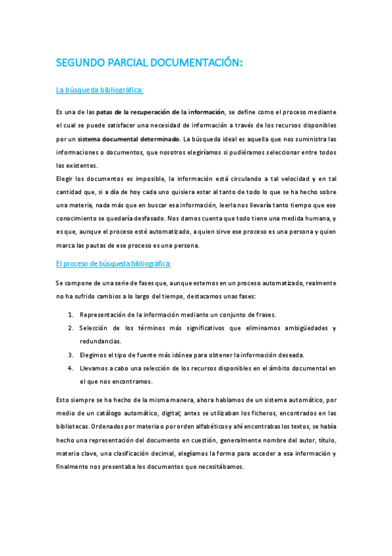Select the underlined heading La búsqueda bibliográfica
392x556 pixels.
[99, 90]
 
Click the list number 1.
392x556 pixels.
[70, 315]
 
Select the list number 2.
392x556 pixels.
[70, 328]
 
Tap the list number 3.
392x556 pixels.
[70, 355]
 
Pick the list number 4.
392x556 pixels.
[70, 368]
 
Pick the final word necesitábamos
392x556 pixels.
[219, 467]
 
